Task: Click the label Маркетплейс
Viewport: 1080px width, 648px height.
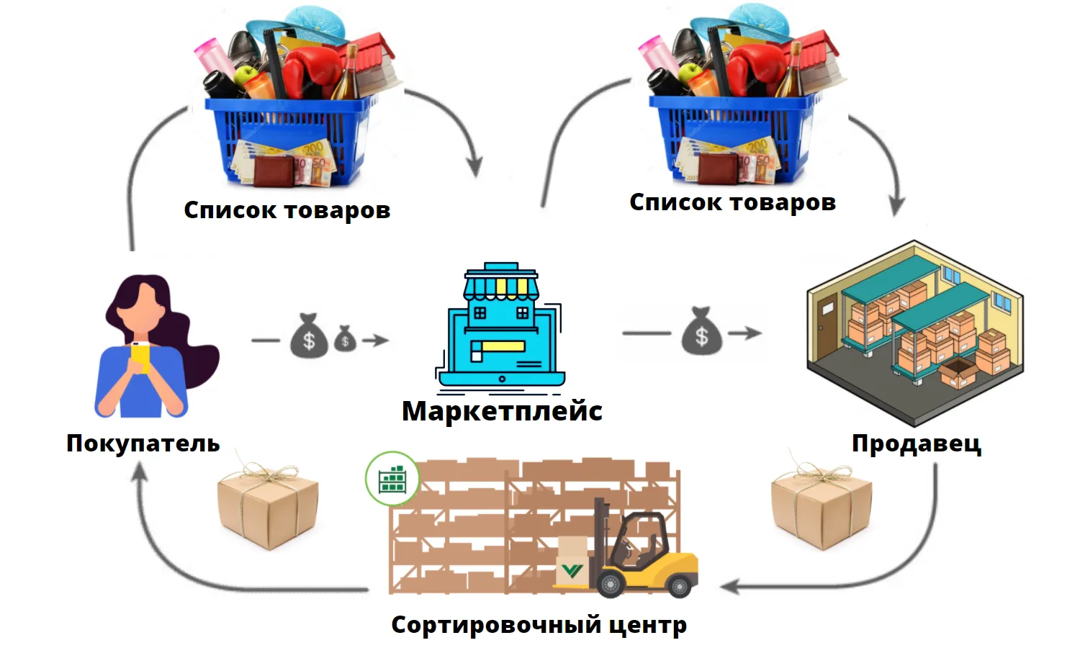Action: [x=502, y=411]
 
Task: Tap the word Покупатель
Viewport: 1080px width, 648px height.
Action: [x=143, y=443]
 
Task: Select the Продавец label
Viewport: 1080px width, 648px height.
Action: [x=916, y=443]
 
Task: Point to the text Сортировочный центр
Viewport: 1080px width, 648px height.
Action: [x=539, y=625]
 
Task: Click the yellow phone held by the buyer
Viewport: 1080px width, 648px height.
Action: [x=140, y=357]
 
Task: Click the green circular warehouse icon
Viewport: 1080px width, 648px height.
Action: [x=392, y=478]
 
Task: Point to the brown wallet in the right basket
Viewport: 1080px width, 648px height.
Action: [x=718, y=168]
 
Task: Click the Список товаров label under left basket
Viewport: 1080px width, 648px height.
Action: [x=287, y=210]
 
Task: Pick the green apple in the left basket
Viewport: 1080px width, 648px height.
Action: [x=246, y=75]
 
